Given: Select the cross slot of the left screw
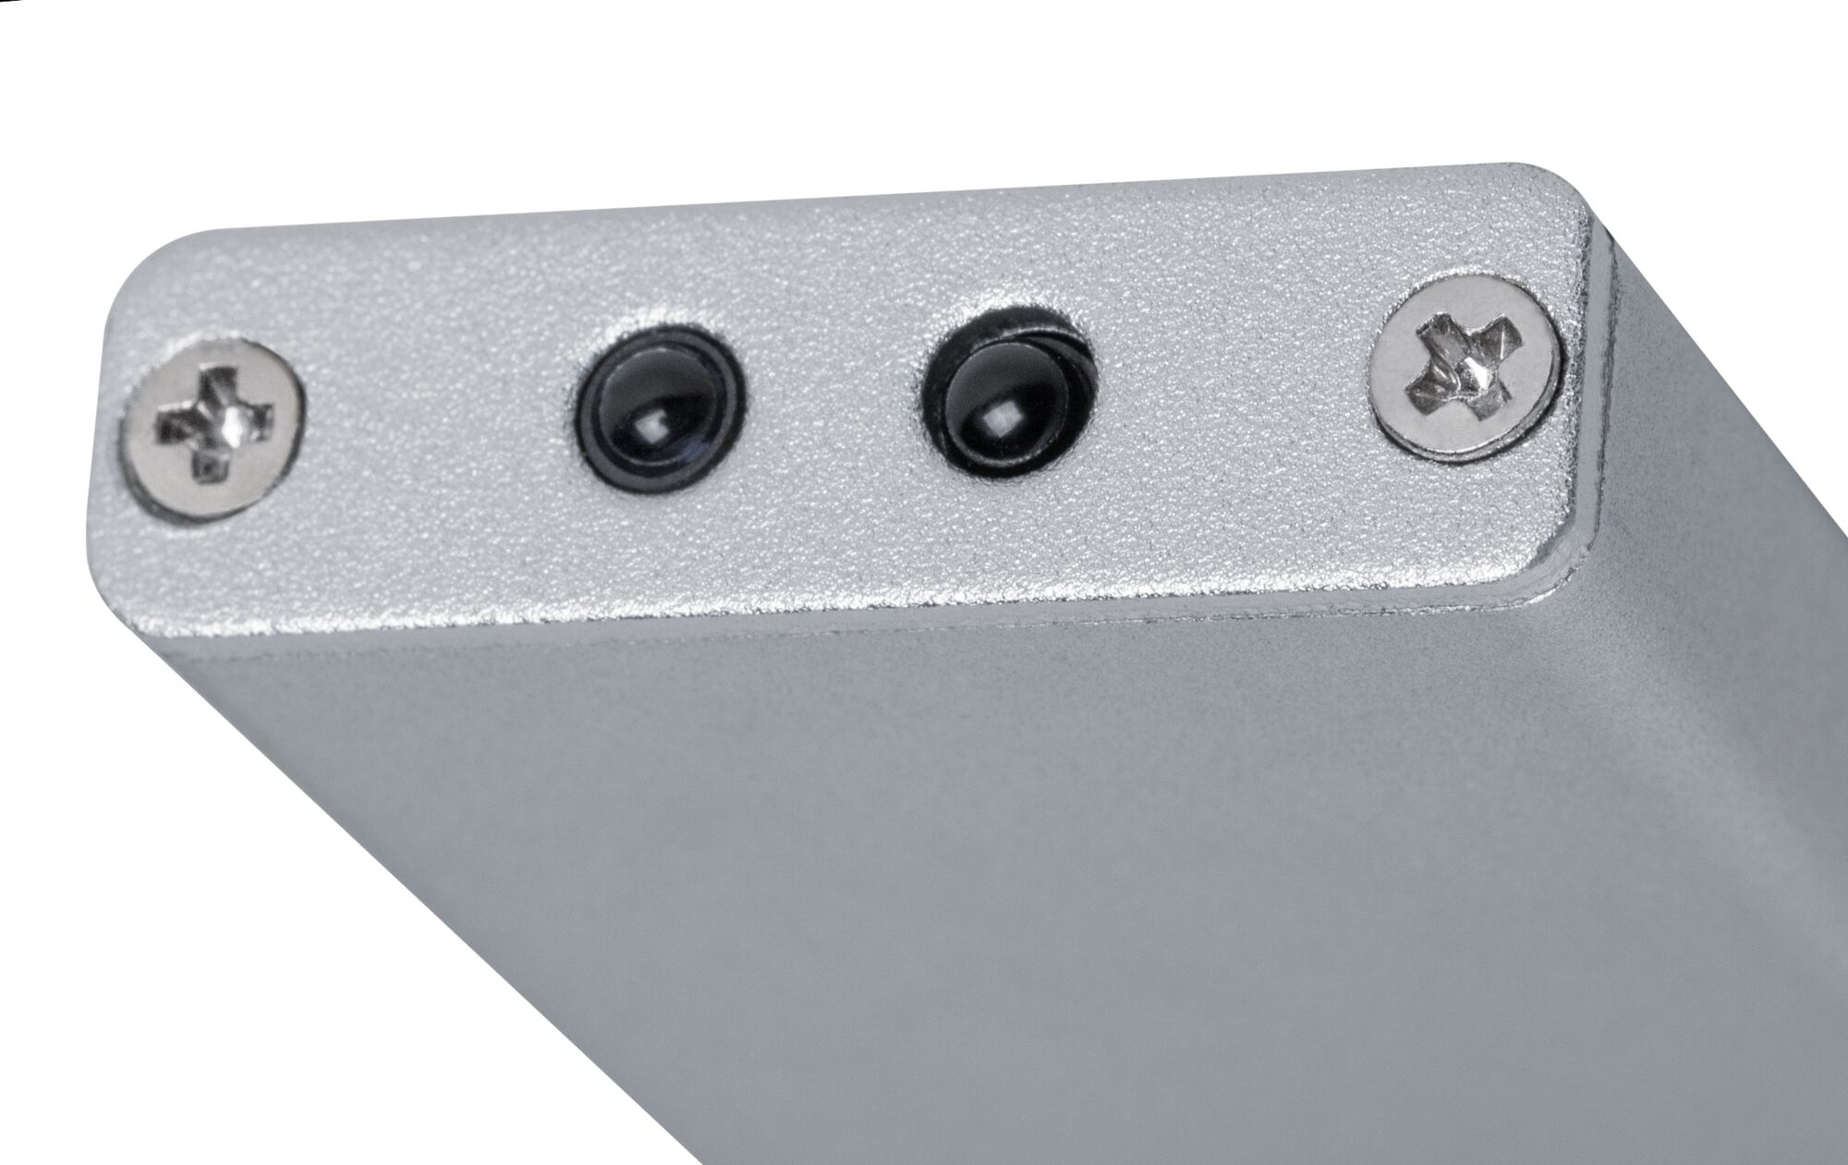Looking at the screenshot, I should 214,422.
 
